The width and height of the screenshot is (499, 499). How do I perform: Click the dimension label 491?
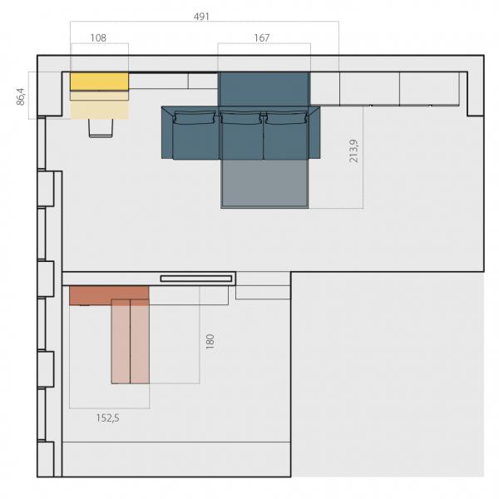tap(201, 17)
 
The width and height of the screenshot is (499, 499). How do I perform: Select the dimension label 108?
tap(98, 38)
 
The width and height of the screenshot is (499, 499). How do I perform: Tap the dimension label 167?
tap(262, 38)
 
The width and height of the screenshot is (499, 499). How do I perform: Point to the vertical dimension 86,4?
tap(21, 96)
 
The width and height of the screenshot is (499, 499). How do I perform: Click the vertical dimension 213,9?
tap(353, 151)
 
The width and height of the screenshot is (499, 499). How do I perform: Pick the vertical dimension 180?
tap(210, 342)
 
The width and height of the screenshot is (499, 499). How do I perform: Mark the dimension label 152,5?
tap(108, 417)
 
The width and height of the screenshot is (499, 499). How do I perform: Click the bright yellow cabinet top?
tap(99, 82)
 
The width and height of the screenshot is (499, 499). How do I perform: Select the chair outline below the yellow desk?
tap(101, 128)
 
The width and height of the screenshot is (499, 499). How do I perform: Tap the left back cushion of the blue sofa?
tap(195, 117)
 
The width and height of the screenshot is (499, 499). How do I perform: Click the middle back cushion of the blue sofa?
tap(241, 118)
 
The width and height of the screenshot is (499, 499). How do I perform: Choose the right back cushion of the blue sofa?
tap(286, 118)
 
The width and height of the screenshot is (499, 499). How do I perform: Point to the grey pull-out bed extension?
tap(264, 184)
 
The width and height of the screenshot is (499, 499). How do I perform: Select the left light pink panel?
tap(121, 342)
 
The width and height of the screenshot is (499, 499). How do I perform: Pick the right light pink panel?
tap(140, 342)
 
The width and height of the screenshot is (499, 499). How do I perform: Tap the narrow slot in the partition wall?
tap(196, 279)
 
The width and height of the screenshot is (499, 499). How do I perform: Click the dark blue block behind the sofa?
tap(264, 89)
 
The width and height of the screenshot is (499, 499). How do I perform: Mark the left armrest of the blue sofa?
tap(167, 132)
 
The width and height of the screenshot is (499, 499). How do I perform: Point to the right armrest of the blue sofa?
tap(314, 132)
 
